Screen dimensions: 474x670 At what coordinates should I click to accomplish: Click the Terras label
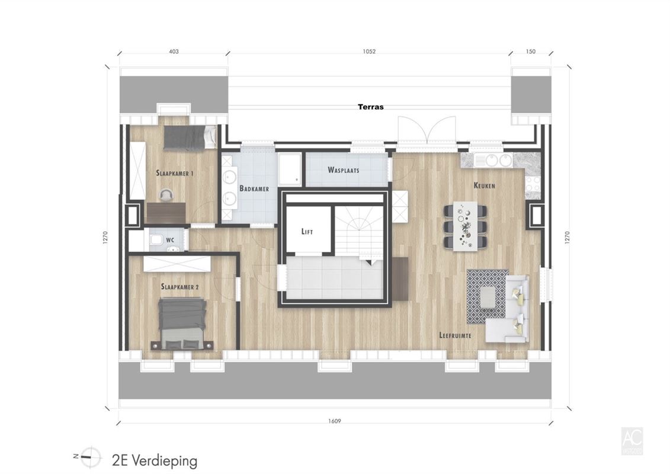coord(370,107)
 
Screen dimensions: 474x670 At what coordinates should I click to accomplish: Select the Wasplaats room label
coord(343,170)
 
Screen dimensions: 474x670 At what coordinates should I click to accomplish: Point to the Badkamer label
coord(254,188)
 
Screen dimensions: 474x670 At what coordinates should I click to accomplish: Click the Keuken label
coord(484,185)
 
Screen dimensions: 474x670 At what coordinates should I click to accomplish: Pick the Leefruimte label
coord(455,335)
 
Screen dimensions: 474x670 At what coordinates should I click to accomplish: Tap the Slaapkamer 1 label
coord(175,174)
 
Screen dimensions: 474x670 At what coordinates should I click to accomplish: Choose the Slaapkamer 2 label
coord(179,287)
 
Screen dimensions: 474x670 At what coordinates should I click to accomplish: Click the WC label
coord(169,241)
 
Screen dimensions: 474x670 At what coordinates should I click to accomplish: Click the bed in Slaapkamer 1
coord(189,138)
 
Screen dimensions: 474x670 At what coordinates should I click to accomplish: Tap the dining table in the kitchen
coord(465,226)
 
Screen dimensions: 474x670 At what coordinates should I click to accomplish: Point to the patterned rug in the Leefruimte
coord(487,296)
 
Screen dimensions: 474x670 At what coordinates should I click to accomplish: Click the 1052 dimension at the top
coord(369,52)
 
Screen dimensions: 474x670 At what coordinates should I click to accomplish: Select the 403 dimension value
coord(174,52)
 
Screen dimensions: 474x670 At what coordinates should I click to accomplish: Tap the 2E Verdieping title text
coord(154,460)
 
